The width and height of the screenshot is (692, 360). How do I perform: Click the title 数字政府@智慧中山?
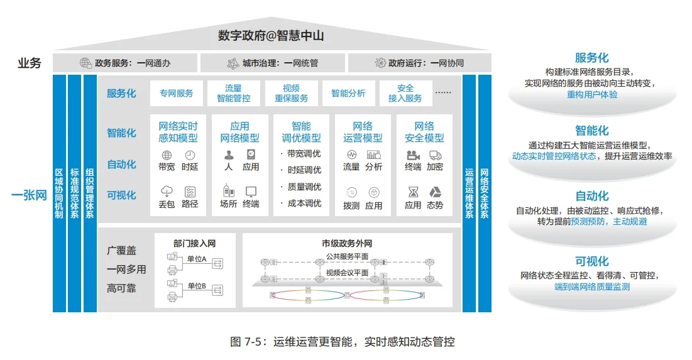(x=271, y=36)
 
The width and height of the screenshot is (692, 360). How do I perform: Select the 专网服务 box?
(x=176, y=94)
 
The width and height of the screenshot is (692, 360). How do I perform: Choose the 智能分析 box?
(x=348, y=94)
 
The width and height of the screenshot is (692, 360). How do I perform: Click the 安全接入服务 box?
(x=405, y=94)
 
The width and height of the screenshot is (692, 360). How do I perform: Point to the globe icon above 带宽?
(x=167, y=155)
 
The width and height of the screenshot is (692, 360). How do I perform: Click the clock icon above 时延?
(x=190, y=155)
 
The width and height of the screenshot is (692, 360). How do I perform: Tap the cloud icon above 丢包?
(x=167, y=192)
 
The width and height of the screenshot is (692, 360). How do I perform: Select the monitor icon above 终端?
(x=251, y=192)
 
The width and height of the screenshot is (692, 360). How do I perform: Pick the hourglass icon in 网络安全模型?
(x=413, y=192)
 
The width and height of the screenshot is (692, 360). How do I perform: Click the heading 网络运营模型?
(x=363, y=132)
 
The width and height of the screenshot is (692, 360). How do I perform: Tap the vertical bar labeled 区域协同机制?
(x=59, y=193)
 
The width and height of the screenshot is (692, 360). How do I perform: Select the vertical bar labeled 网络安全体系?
(x=485, y=193)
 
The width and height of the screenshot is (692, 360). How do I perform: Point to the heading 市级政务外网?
(x=347, y=243)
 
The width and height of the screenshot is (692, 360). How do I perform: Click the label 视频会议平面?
(x=347, y=273)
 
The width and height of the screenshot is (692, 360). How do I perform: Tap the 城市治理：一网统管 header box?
(x=272, y=63)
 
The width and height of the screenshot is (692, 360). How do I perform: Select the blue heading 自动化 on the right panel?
(x=591, y=196)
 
